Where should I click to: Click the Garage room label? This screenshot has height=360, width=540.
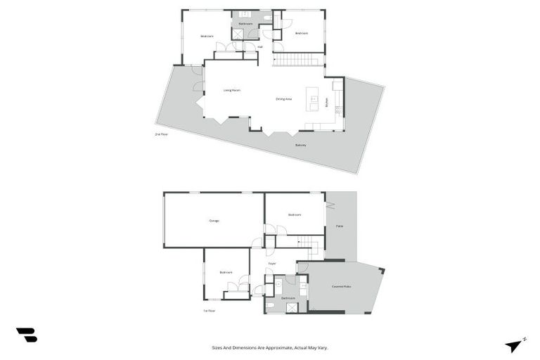point(214,221)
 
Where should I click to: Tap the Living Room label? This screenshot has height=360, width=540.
point(232,91)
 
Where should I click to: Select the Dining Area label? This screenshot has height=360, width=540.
point(283,99)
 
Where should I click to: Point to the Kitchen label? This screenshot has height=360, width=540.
point(327,102)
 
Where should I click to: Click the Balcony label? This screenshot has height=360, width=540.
point(300,145)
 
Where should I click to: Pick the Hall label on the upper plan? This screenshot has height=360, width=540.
point(260,47)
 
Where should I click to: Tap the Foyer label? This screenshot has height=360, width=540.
point(271,264)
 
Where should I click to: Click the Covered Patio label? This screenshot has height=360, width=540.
point(342,286)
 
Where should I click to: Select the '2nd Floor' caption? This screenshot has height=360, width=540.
point(162,134)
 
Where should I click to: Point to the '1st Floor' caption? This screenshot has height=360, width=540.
point(209,310)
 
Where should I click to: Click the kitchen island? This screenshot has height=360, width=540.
point(312,98)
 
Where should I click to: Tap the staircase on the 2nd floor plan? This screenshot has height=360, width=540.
point(298,60)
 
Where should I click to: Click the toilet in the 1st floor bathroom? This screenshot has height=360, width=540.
point(271,305)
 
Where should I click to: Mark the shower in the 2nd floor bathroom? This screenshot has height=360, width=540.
point(238,33)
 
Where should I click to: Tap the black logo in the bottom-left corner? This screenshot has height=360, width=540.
point(26,335)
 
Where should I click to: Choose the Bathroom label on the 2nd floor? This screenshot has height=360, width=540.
point(245,23)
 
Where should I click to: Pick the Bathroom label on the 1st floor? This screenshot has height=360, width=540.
point(289,298)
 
